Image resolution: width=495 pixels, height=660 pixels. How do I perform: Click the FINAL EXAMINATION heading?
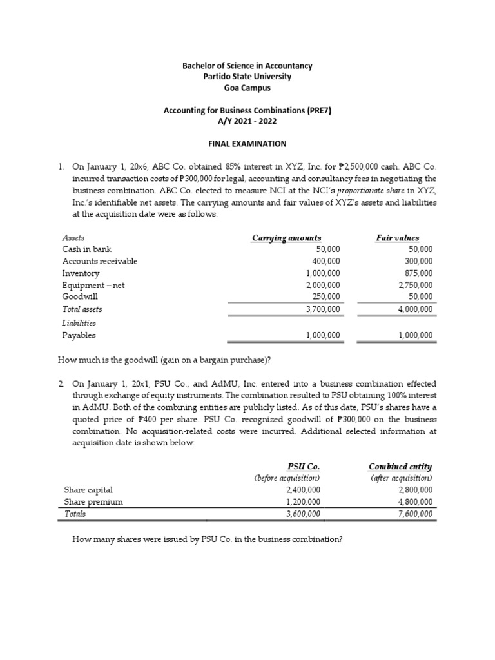(x=247, y=144)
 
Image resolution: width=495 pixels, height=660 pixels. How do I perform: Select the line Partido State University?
(x=247, y=77)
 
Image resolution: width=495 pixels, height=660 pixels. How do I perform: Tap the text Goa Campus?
(x=247, y=88)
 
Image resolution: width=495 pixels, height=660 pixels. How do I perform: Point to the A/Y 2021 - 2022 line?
(x=247, y=121)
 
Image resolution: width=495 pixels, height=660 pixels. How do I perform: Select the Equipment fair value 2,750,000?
(x=416, y=285)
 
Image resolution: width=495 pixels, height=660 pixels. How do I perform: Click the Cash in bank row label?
(x=85, y=249)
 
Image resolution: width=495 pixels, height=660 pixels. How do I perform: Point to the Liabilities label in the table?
(x=79, y=323)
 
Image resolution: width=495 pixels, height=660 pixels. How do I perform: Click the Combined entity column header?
(x=400, y=466)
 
